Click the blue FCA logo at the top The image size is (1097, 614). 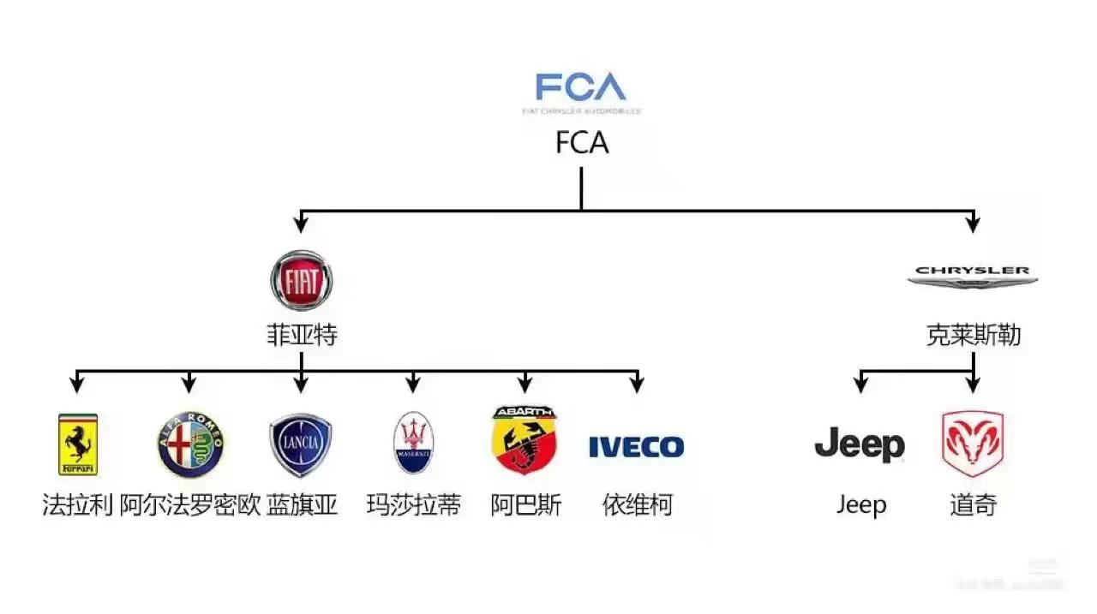coord(581,88)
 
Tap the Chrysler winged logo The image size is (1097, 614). coord(973,275)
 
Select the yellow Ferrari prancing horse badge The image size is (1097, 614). coord(78,444)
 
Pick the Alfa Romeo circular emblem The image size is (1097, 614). coord(189,444)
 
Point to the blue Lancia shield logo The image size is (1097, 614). coord(301,444)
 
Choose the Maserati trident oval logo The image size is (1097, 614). coord(414,443)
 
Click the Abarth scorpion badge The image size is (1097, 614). coord(525,440)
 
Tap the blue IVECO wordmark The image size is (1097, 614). coord(636,446)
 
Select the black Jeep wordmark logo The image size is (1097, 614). coord(860,444)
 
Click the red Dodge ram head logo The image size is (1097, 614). coord(973,444)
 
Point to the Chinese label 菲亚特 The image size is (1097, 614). coord(302,335)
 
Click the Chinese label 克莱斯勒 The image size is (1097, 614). coord(973,335)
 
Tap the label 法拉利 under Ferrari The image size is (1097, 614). coord(78,505)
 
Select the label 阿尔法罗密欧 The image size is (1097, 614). coord(189,505)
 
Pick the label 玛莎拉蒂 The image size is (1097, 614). coord(414,505)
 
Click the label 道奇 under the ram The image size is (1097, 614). coord(973,505)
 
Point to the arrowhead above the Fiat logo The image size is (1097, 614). coord(301,225)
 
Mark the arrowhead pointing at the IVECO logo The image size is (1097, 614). coord(636,385)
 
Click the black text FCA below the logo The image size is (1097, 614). coord(582,143)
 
